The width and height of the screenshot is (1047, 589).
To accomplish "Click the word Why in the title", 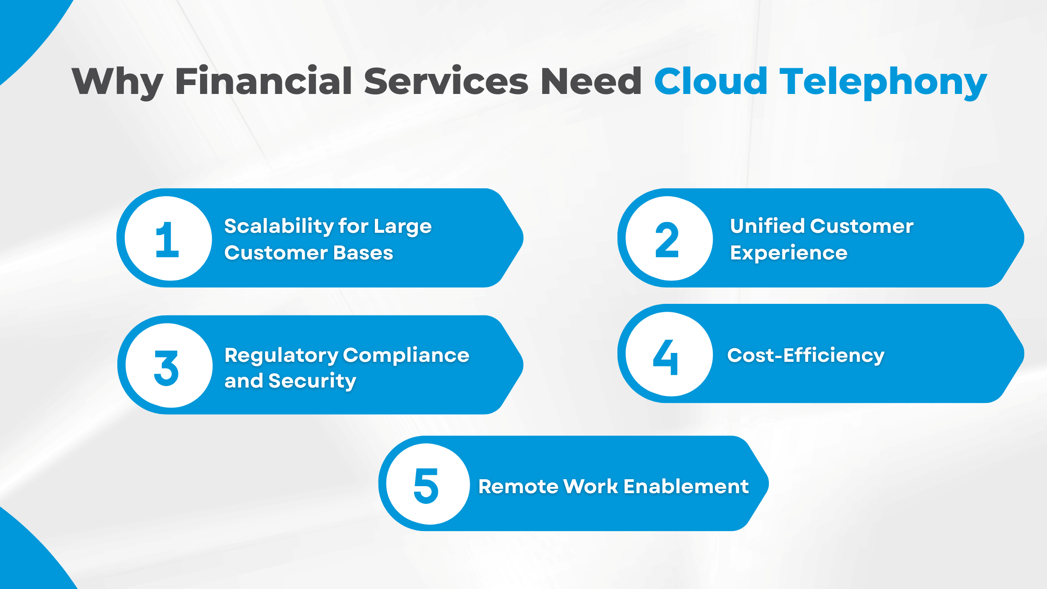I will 117,82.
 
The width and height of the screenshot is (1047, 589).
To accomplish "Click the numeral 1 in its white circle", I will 167,239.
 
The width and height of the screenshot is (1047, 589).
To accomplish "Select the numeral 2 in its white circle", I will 667,239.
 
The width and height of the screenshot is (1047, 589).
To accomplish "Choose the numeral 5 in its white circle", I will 426,486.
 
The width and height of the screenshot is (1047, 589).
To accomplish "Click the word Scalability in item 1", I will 279,227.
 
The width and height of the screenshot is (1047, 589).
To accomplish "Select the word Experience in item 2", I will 789,253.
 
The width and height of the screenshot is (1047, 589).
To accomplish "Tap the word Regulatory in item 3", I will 281,356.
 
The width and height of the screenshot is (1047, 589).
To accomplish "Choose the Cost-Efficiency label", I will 806,355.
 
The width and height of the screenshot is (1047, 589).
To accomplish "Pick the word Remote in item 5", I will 518,487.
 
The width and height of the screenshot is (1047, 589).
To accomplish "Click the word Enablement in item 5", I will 686,487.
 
